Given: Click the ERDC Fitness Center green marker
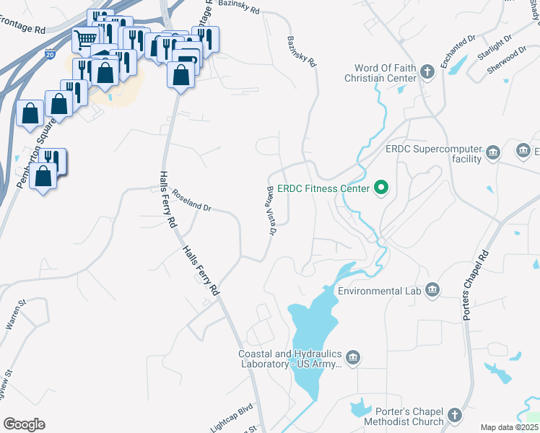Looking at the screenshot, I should (x=380, y=189).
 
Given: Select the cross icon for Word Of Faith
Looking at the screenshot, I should (x=427, y=71).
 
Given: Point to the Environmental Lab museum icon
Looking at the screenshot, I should (x=432, y=290).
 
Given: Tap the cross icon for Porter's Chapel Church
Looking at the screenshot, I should (x=453, y=415).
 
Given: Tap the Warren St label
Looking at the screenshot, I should (x=16, y=316).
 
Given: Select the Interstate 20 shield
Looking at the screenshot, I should (x=49, y=54).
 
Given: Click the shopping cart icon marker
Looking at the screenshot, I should (x=86, y=38).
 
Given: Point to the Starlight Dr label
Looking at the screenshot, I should (x=495, y=47).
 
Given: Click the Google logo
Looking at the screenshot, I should (x=24, y=424).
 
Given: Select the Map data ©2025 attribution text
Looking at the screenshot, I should (x=509, y=427).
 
